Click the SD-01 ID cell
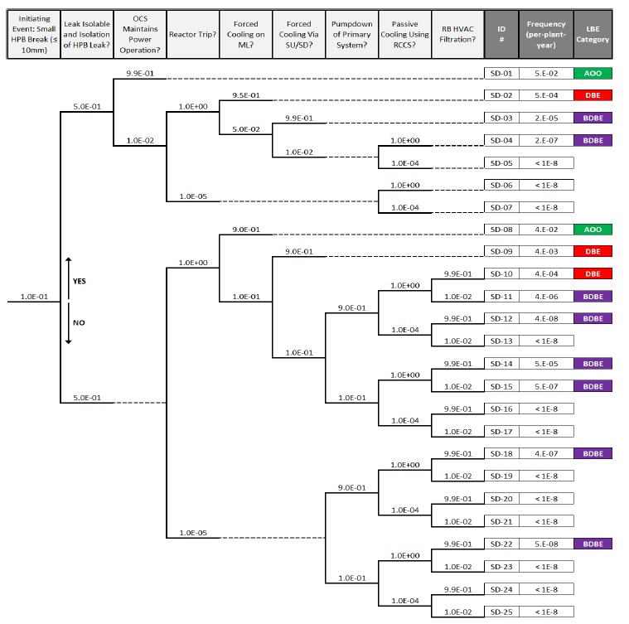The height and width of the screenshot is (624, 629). (x=502, y=73)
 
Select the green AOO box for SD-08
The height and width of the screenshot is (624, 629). (x=592, y=230)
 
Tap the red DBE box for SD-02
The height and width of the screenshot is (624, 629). (x=592, y=95)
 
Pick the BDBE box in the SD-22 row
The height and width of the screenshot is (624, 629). (x=592, y=544)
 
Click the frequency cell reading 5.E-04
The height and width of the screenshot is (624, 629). (x=546, y=95)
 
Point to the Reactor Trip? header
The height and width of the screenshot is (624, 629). (x=192, y=34)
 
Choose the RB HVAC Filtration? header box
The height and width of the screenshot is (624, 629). (x=458, y=34)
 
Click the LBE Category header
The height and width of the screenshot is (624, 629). (x=593, y=34)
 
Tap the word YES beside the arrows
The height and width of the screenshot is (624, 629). (x=80, y=281)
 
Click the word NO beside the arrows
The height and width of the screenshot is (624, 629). (x=78, y=322)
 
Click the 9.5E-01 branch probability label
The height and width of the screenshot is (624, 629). (x=246, y=95)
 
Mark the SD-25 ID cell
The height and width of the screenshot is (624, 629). (x=502, y=612)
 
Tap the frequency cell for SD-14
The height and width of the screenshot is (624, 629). (x=546, y=364)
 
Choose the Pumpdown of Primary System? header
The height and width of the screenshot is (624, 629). (x=352, y=34)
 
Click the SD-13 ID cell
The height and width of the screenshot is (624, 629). (x=502, y=341)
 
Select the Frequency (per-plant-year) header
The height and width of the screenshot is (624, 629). (x=546, y=34)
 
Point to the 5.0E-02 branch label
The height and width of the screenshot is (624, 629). (x=246, y=128)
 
